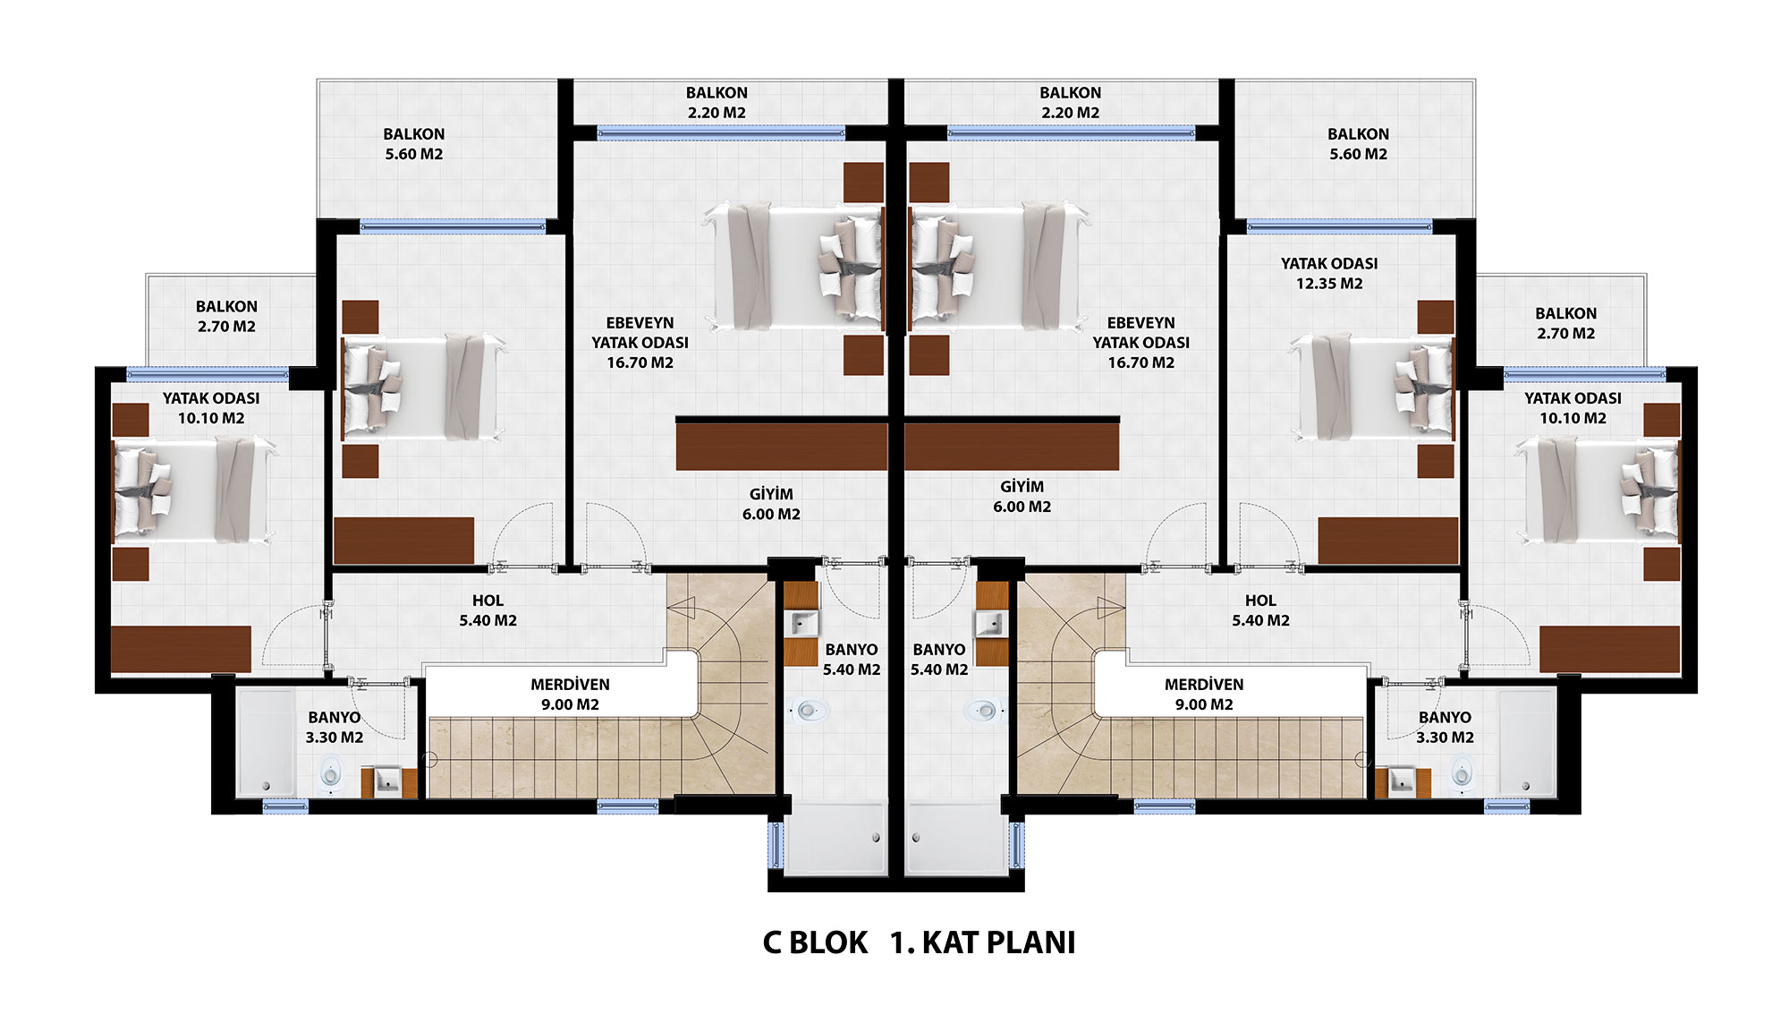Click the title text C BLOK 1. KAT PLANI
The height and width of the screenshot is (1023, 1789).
(x=919, y=942)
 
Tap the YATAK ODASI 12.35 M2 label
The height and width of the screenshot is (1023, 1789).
(x=1329, y=273)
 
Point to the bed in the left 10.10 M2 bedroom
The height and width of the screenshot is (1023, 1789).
(x=193, y=490)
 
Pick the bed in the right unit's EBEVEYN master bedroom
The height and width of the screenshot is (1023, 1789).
(x=997, y=265)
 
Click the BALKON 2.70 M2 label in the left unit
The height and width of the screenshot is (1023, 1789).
(x=226, y=316)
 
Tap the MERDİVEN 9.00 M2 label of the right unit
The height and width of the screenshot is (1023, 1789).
(x=1204, y=694)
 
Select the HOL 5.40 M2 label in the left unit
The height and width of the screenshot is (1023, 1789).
(x=488, y=610)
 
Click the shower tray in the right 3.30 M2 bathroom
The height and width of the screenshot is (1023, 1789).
(x=1528, y=742)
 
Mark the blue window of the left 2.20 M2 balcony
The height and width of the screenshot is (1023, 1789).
(x=721, y=133)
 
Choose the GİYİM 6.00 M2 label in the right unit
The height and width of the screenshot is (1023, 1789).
(x=1022, y=496)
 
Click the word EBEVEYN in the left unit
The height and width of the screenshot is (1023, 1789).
(x=640, y=322)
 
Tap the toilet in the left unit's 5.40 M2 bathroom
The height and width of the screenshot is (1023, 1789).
(x=807, y=712)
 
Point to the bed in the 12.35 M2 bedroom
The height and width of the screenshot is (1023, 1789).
(x=1373, y=387)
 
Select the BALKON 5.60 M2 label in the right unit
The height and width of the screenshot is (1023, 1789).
(x=1358, y=143)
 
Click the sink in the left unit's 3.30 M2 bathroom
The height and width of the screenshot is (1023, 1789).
(x=390, y=781)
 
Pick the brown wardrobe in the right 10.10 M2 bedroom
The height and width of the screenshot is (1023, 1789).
(x=1610, y=648)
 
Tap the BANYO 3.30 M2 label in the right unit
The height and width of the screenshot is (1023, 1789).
(x=1445, y=727)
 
